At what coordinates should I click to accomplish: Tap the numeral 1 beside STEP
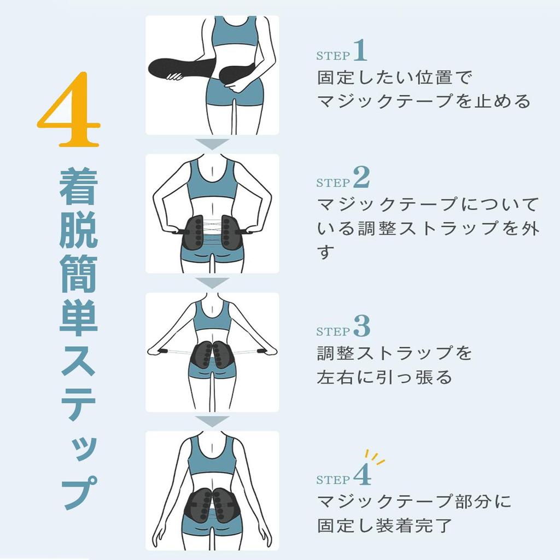point(360,51)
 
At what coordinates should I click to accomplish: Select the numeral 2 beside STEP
point(361,177)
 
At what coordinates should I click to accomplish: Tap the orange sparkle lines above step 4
point(374,457)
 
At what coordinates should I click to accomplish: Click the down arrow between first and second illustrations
point(212,144)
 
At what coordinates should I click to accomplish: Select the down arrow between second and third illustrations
point(212,283)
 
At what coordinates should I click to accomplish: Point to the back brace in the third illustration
point(212,355)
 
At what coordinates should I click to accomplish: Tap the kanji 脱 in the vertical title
point(78,231)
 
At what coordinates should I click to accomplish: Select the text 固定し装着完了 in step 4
point(384,526)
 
